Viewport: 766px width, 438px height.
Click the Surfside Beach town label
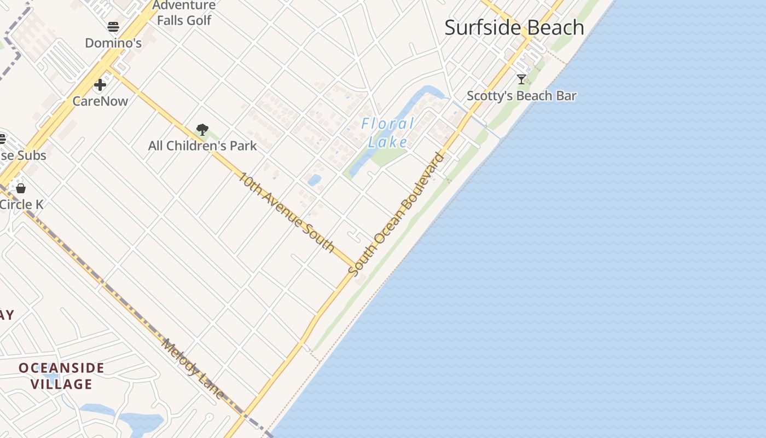[514, 27]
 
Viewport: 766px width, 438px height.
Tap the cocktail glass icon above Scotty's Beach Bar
[521, 79]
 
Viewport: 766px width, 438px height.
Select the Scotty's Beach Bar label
[521, 96]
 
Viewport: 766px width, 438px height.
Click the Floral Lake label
[388, 133]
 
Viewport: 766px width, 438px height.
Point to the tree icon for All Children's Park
[202, 130]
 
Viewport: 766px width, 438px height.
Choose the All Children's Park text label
[202, 146]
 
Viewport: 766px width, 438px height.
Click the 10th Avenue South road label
[287, 212]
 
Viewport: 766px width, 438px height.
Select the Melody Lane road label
[193, 368]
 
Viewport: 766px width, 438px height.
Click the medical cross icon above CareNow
[100, 85]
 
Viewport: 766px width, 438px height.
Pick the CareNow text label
[100, 101]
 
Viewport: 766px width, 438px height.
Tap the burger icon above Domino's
[113, 27]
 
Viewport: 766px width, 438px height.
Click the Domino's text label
[113, 43]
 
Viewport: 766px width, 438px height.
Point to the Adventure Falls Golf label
[184, 13]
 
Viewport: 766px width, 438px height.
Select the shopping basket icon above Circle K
[21, 188]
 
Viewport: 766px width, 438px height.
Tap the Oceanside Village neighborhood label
[61, 376]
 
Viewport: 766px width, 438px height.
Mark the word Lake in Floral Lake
[388, 142]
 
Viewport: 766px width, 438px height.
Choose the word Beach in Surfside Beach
[553, 27]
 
